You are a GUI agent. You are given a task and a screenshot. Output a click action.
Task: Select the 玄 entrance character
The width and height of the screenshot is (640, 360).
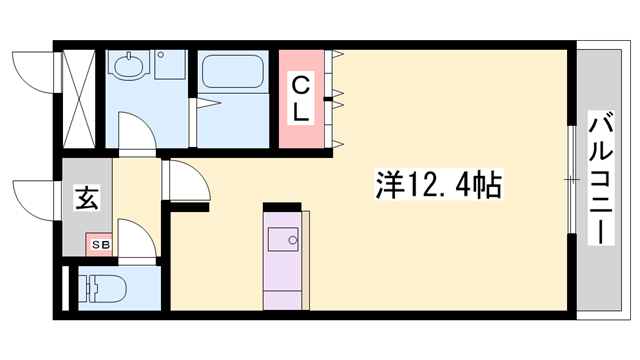point(86,198)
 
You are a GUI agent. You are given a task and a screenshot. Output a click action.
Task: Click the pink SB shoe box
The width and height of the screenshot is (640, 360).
point(101,243)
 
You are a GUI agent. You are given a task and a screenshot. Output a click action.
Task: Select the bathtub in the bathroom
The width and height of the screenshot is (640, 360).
point(232,73)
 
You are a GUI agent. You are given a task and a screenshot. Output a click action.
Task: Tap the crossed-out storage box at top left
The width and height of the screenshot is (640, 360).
point(78,95)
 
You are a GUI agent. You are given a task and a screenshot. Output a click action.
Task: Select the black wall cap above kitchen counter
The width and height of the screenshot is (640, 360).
point(282,207)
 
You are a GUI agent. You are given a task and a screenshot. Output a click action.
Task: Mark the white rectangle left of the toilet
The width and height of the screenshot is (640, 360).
point(68,288)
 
